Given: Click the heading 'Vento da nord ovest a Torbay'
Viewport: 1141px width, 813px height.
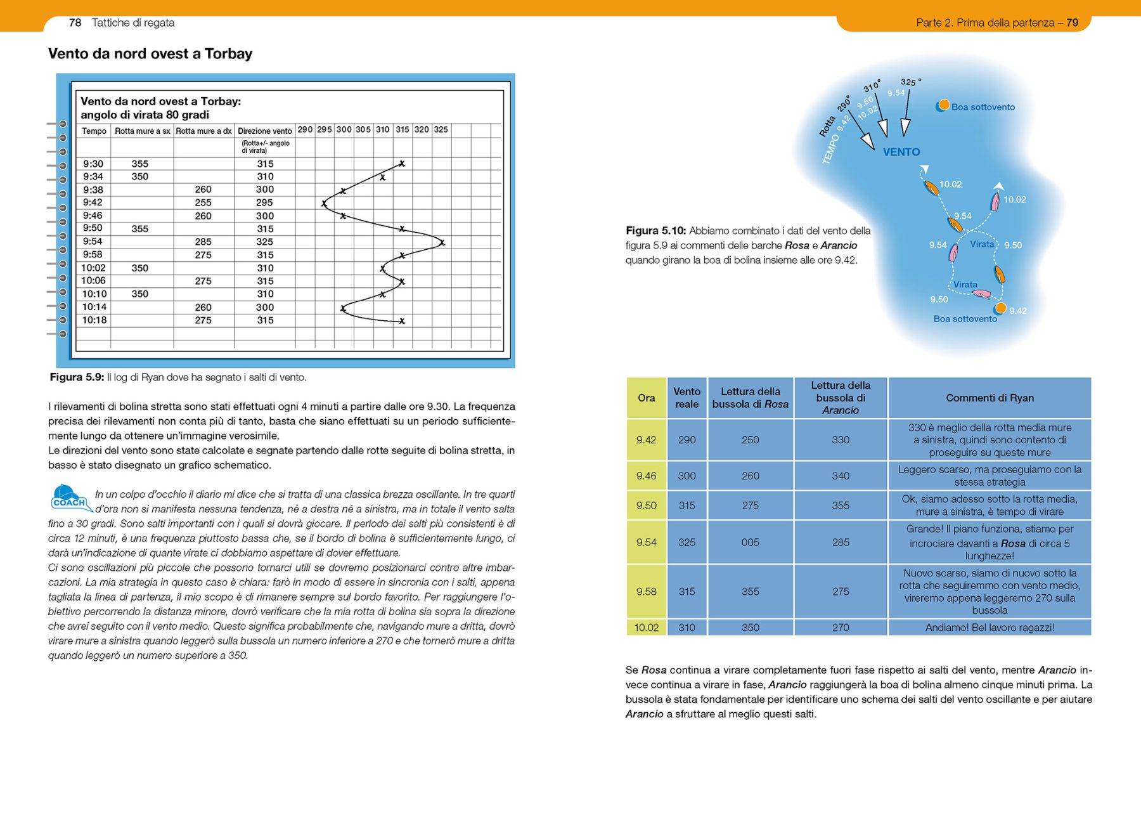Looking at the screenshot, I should [x=150, y=54].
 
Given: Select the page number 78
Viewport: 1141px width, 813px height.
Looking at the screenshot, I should [x=75, y=23].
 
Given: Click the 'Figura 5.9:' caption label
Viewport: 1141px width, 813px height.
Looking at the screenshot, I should [x=77, y=377].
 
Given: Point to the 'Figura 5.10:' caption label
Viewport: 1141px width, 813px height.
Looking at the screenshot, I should [x=655, y=231].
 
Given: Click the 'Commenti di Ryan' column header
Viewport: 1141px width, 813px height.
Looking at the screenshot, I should [x=990, y=398].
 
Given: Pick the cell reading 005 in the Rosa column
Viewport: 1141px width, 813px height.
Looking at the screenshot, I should [x=750, y=542].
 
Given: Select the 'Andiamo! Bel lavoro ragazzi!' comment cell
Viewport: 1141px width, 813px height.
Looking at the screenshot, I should [x=990, y=627].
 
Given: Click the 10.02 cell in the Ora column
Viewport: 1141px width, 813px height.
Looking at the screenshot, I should [x=646, y=627].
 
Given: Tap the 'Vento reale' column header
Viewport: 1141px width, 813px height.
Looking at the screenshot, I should [x=687, y=398].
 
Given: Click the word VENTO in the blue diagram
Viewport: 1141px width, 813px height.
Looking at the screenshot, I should [x=901, y=152].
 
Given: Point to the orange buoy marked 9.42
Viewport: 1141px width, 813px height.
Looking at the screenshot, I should [x=1000, y=308].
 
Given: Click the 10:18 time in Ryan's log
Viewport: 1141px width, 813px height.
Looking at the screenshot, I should [x=94, y=320].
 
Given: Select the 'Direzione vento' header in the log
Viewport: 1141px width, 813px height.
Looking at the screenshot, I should [x=265, y=131].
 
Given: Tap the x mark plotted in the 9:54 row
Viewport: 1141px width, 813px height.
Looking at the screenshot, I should [x=442, y=242].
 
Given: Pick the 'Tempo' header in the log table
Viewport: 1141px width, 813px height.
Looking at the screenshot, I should [x=94, y=131].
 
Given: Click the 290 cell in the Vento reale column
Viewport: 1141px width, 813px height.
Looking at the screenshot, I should [x=687, y=439].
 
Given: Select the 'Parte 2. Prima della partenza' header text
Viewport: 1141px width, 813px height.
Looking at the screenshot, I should [x=985, y=23].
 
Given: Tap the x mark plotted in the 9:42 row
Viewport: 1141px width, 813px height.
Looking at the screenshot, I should [x=324, y=204].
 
